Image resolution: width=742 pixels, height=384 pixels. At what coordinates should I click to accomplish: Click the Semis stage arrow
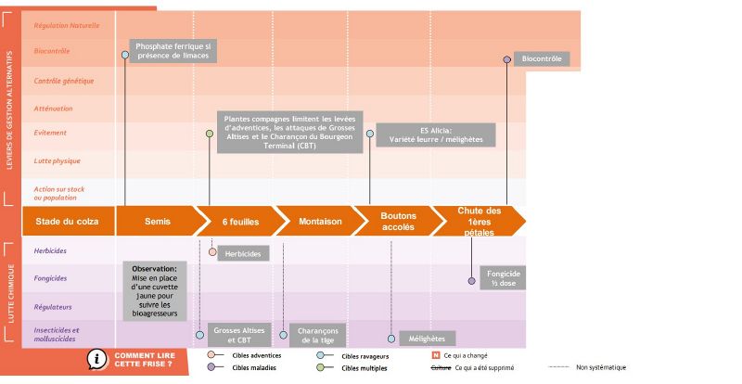158,221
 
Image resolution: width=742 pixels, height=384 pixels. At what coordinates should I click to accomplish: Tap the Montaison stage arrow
320,221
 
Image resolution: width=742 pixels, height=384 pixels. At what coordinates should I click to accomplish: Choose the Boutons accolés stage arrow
399,221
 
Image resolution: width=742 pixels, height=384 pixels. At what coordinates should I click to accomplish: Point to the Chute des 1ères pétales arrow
480,221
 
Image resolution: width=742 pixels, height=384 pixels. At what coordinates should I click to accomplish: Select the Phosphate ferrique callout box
173,51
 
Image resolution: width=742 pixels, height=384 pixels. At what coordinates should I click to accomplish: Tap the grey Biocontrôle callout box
541,58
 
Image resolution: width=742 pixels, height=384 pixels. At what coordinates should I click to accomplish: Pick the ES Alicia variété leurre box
448,134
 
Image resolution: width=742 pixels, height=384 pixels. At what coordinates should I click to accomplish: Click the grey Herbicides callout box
243,253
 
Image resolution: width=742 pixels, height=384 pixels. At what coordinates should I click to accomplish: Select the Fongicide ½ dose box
504,278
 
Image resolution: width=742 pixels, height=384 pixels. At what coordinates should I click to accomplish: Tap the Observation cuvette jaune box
155,290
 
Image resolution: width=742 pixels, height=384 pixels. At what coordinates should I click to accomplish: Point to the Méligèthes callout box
427,339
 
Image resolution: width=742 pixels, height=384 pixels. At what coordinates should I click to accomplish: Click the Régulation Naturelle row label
66,25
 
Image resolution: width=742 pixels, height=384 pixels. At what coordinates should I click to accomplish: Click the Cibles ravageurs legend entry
365,355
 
